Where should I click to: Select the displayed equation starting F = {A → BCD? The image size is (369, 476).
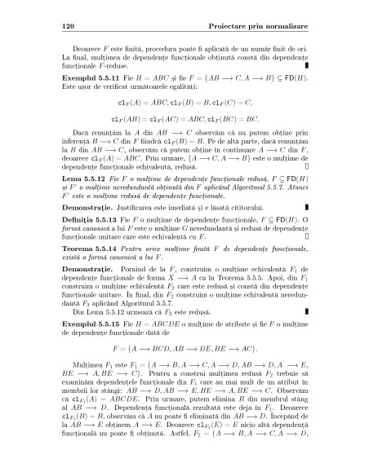184,372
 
